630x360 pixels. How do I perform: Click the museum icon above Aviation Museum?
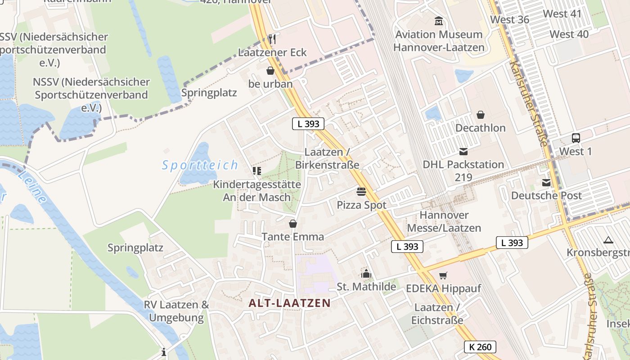(438, 21)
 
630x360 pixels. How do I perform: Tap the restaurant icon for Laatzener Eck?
(271, 39)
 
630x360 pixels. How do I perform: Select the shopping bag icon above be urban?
(270, 71)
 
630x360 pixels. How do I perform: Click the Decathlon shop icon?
(481, 115)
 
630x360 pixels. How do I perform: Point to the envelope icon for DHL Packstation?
(463, 152)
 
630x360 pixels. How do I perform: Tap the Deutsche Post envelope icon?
(546, 183)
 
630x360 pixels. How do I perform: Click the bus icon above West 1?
(576, 138)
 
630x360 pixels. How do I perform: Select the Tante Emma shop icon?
(293, 224)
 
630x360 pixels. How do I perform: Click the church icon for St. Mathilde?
(366, 274)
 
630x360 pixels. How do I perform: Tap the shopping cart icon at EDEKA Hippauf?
(443, 275)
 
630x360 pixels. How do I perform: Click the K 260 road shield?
(480, 347)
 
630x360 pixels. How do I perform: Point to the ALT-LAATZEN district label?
(290, 303)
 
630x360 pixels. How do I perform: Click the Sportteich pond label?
(200, 165)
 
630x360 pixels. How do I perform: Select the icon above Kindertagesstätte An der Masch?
(256, 171)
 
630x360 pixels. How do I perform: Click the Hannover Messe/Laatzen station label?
(444, 221)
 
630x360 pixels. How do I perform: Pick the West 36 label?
(509, 19)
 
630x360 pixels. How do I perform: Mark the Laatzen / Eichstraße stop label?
(436, 314)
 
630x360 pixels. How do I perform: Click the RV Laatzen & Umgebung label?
(176, 311)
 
